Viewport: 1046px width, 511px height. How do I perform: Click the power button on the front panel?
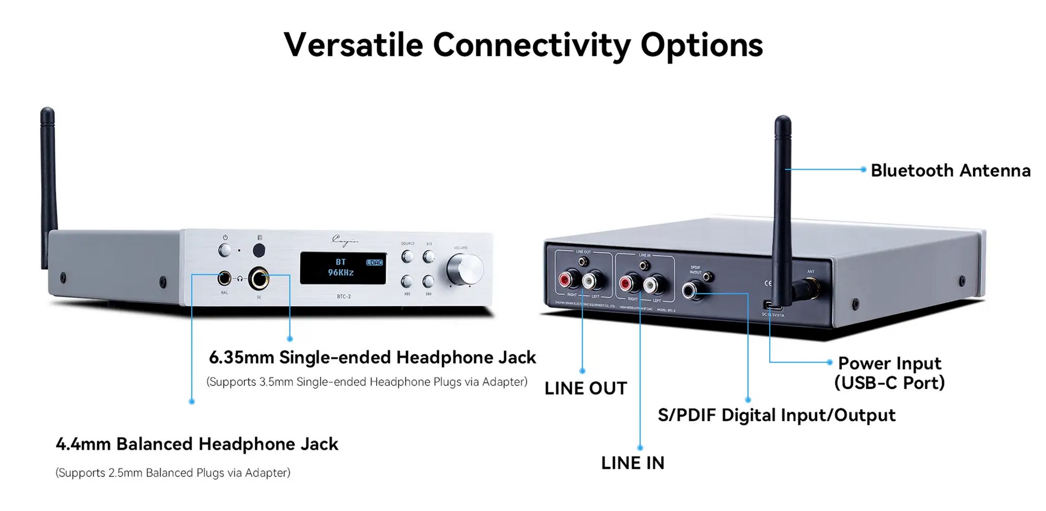(x=225, y=250)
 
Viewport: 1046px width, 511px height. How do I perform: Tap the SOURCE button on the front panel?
(x=407, y=257)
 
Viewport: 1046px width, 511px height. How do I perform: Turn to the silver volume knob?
(x=465, y=270)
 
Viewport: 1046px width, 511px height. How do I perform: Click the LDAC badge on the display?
(x=374, y=262)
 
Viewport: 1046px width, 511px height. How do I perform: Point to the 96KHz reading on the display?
(x=341, y=273)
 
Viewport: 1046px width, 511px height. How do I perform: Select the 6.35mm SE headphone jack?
(x=259, y=278)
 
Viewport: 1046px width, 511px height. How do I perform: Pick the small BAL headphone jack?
(x=224, y=278)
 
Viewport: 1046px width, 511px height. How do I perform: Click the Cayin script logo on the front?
(x=344, y=240)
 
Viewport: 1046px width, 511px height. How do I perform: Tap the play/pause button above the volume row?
(x=428, y=257)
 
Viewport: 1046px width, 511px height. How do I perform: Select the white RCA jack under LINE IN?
(x=651, y=284)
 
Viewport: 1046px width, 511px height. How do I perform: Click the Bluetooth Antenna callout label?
(x=950, y=171)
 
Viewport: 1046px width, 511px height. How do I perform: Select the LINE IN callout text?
(x=632, y=463)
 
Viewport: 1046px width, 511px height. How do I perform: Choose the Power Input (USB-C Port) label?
(x=889, y=373)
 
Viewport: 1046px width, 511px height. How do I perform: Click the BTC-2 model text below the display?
(x=343, y=297)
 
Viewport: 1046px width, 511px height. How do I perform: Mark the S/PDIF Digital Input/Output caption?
(x=776, y=416)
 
